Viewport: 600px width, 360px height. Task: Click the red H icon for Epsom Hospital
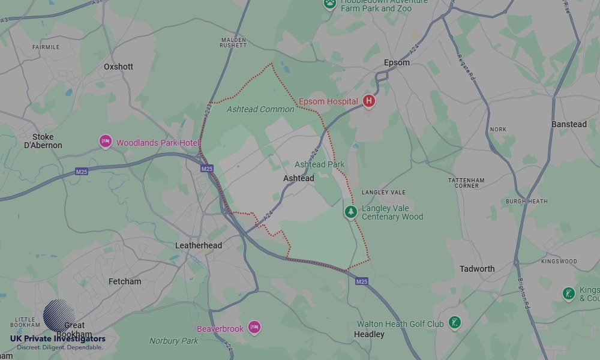coord(369,101)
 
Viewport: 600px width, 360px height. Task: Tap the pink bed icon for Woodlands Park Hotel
coord(106,142)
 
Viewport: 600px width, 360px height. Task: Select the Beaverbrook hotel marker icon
coord(254,328)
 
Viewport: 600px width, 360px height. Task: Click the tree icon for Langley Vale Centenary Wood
coord(351,212)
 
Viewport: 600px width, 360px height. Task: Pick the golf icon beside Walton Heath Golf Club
coord(455,323)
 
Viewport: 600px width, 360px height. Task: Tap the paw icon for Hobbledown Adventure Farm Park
coord(329,4)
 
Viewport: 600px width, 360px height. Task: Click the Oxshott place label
coord(118,67)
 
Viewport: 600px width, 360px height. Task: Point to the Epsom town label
coord(397,62)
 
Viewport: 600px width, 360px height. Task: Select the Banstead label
coord(569,124)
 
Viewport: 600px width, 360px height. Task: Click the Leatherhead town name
coord(198,245)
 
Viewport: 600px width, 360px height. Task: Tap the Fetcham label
coord(125,281)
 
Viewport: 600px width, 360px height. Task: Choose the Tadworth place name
coord(477,269)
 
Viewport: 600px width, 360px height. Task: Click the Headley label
coord(369,334)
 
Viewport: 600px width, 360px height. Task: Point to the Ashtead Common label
coord(260,109)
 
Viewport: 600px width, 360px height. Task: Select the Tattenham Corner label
coord(466,183)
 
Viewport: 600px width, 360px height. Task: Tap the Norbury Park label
coord(173,341)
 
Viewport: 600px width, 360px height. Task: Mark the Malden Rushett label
coord(233,42)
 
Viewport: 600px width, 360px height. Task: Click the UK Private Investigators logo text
coord(58,339)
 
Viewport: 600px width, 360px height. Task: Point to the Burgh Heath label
coord(526,202)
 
